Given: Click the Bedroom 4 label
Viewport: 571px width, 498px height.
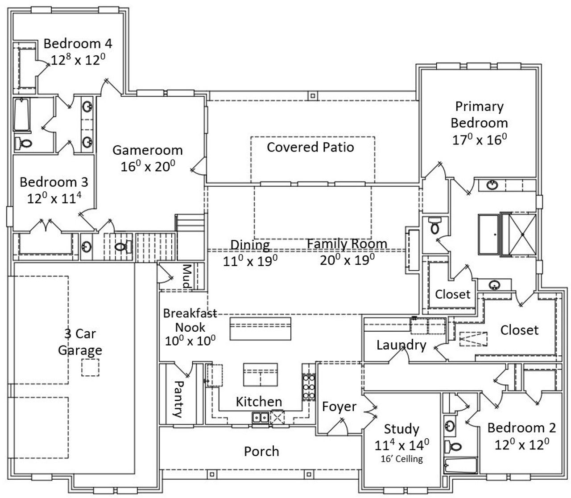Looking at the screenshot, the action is click(x=78, y=44).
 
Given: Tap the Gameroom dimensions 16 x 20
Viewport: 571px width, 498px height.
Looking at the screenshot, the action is click(x=148, y=166).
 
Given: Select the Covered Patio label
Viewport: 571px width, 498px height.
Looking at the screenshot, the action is click(x=310, y=147).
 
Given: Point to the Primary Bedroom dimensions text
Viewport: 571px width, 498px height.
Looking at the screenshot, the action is click(x=480, y=140).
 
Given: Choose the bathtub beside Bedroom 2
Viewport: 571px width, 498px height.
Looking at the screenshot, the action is click(x=460, y=465).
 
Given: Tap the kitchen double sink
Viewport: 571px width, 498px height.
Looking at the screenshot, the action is click(x=261, y=417).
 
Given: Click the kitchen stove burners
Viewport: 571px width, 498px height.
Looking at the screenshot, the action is click(x=309, y=387).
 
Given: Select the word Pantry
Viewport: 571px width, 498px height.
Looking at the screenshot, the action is click(x=178, y=399).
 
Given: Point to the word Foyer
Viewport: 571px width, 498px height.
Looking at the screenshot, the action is click(x=339, y=407).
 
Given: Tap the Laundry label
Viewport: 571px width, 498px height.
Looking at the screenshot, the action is click(x=401, y=345).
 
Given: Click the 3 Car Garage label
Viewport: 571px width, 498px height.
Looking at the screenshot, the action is click(x=80, y=342).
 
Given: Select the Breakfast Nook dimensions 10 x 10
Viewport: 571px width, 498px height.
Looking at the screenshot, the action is click(x=190, y=341).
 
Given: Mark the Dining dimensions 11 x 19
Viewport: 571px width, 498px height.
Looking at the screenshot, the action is click(x=250, y=261).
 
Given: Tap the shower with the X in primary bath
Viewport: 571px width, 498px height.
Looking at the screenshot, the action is click(x=522, y=235).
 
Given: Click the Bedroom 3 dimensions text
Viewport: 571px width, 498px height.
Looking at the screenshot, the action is click(x=54, y=198).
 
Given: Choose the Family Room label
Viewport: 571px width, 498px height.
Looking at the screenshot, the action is click(x=347, y=244).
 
